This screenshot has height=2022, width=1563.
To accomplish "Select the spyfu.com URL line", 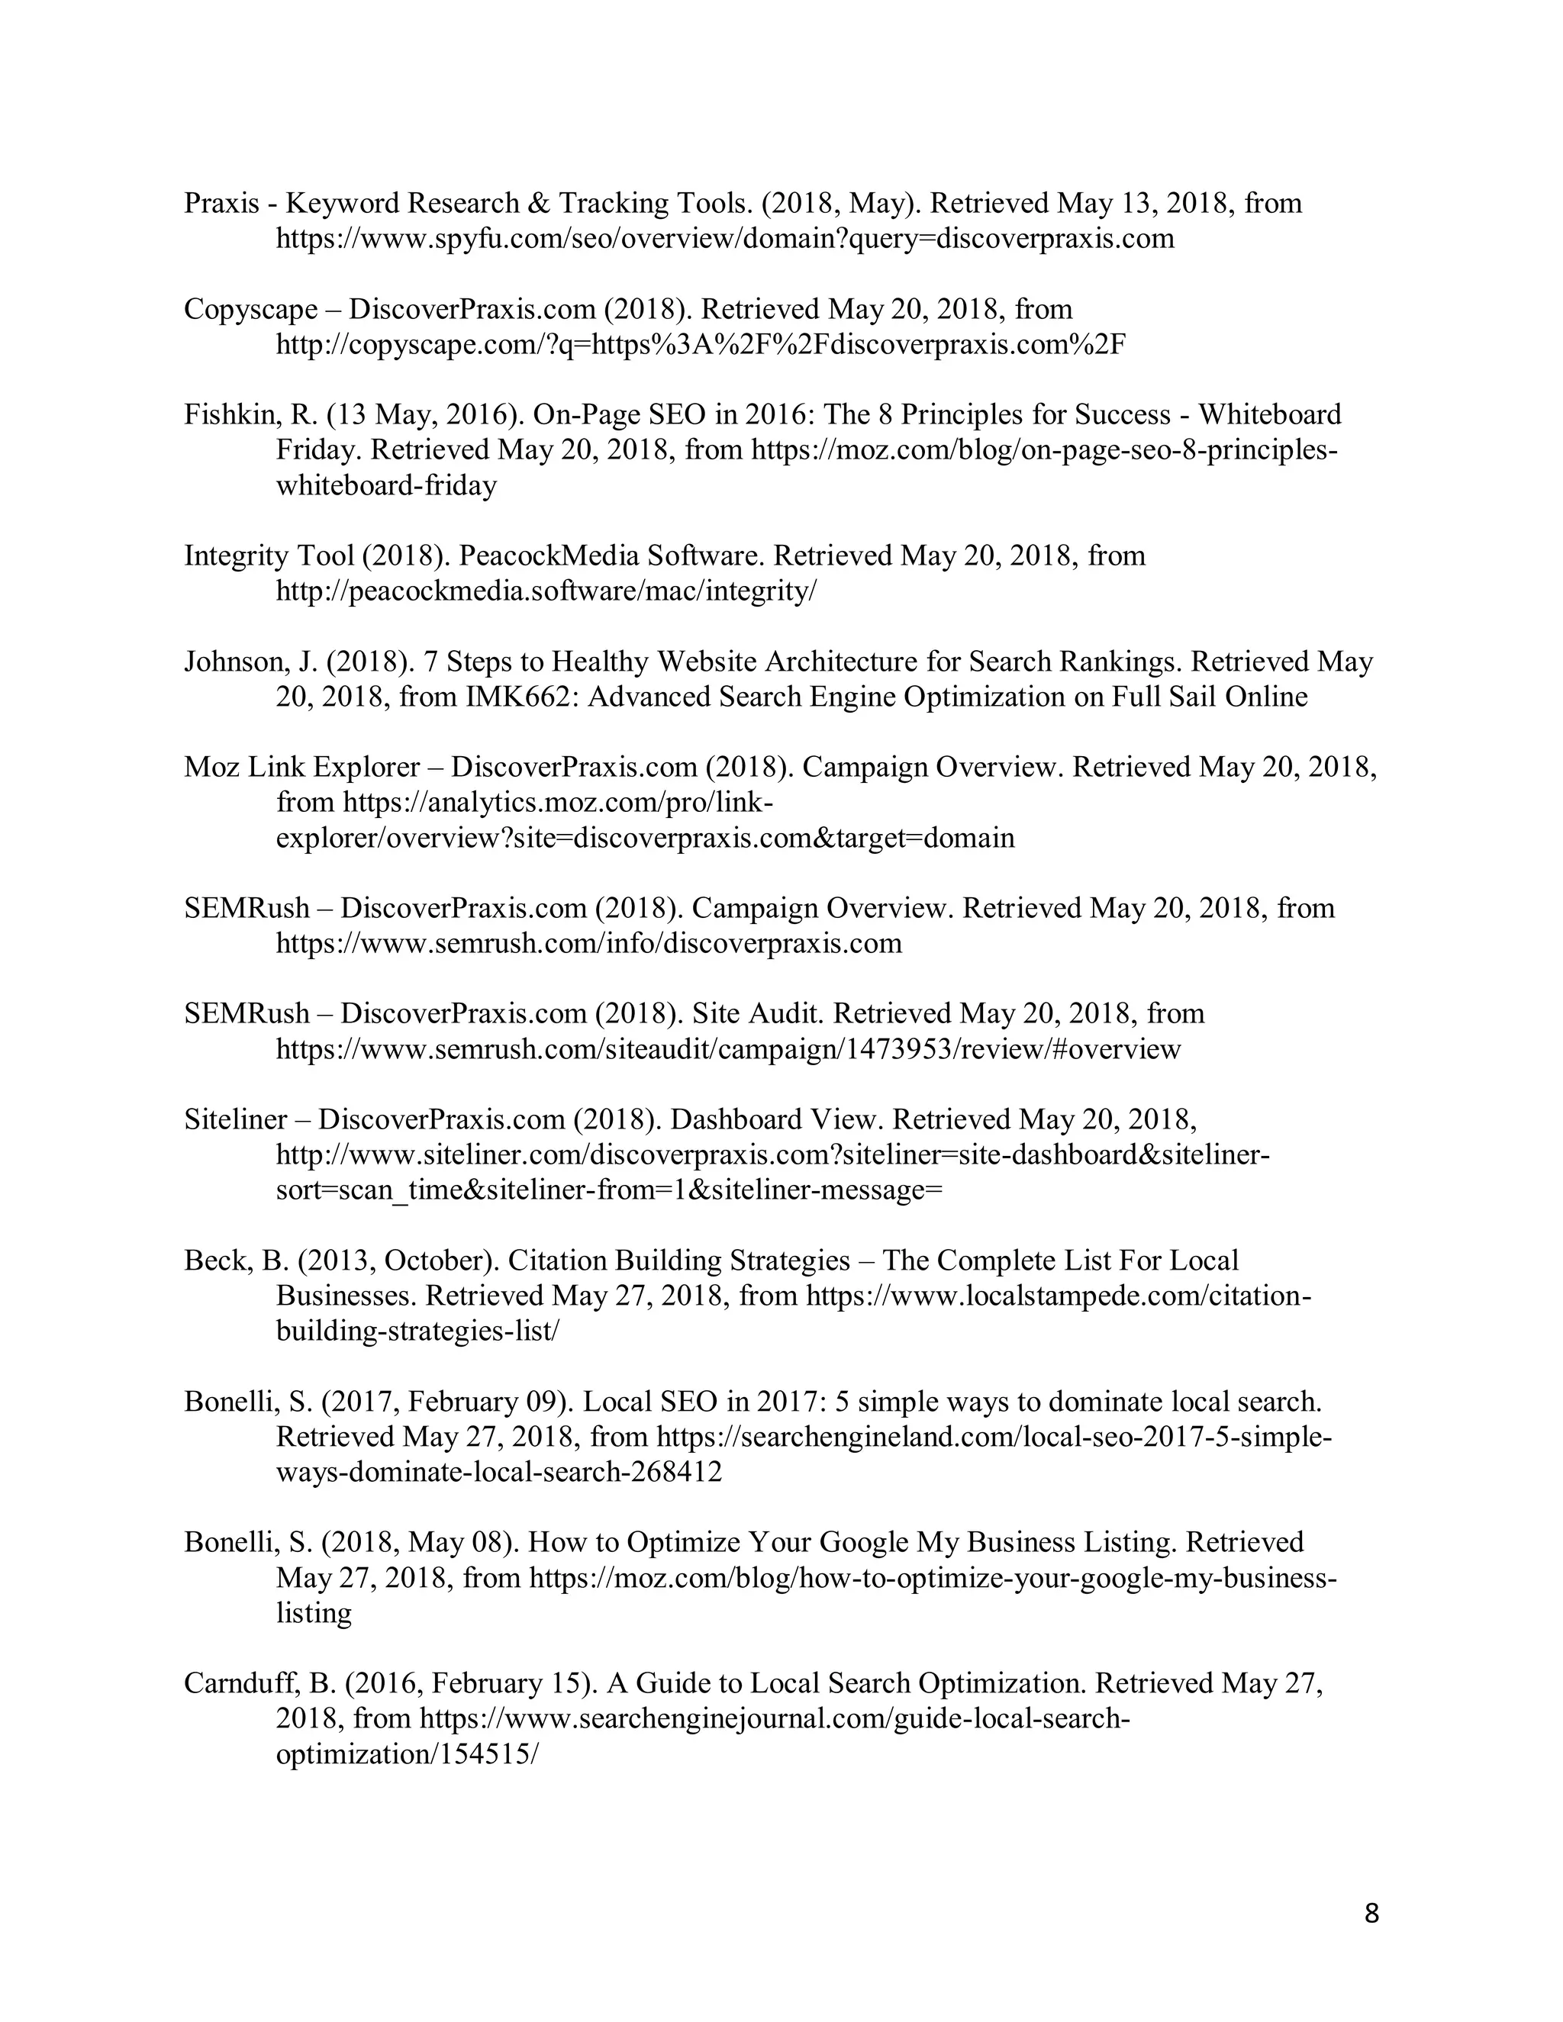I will [724, 239].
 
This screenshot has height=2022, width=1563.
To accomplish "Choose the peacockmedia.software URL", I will [546, 591].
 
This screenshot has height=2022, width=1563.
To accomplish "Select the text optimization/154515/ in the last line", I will [407, 1754].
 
